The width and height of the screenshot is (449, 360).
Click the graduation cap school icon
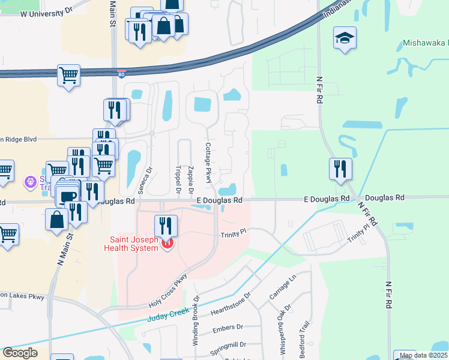click(345, 38)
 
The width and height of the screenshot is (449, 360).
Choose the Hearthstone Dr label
click(231, 305)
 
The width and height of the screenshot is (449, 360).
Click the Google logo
click(20, 353)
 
